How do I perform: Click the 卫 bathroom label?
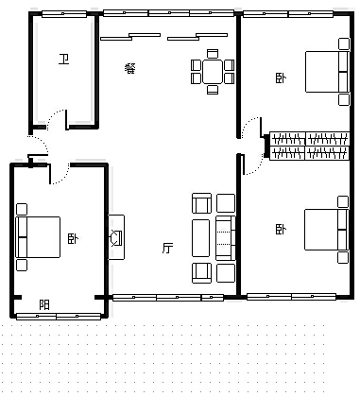tap(64, 59)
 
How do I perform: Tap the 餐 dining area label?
tap(130, 68)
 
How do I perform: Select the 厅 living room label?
tap(167, 248)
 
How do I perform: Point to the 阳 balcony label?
tap(44, 305)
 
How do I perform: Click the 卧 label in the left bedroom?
tap(73, 239)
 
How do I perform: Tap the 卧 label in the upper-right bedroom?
tap(281, 78)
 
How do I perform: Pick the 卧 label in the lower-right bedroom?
tap(281, 229)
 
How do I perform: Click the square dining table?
tap(213, 72)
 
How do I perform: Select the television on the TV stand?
tap(116, 238)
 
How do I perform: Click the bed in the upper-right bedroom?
tap(327, 72)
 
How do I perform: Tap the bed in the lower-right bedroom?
tap(326, 230)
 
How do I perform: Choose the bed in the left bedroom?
tap(38, 237)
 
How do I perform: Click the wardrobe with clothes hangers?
tap(309, 147)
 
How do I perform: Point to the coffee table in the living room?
tap(200, 238)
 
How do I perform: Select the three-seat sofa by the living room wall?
tap(226, 238)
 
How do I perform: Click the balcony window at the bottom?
tap(59, 317)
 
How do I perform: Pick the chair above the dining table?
tap(213, 54)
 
